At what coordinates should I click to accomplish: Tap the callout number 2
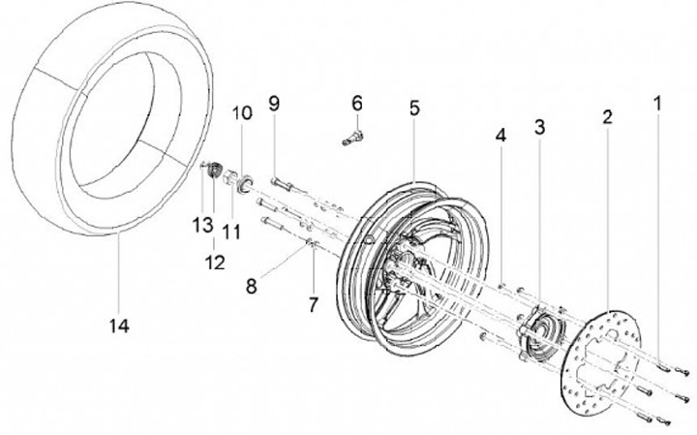click(607, 118)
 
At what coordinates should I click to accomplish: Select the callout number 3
click(540, 126)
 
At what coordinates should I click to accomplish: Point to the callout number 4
click(500, 137)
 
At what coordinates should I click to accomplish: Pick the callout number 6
click(356, 102)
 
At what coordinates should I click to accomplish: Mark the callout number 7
click(313, 304)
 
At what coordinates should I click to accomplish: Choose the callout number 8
click(253, 286)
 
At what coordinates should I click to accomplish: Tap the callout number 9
click(274, 103)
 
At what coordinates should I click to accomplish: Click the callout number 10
click(241, 112)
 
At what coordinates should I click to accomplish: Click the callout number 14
click(119, 325)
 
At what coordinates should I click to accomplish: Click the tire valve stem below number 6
click(351, 136)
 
